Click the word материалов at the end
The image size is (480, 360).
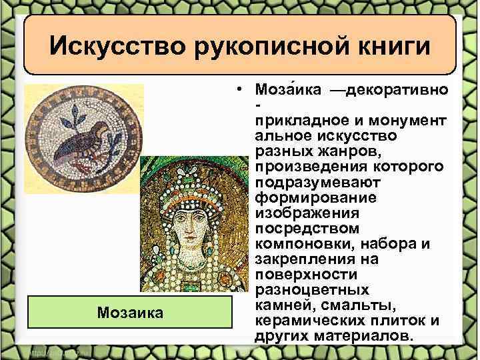pyautogui.click(x=374, y=335)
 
